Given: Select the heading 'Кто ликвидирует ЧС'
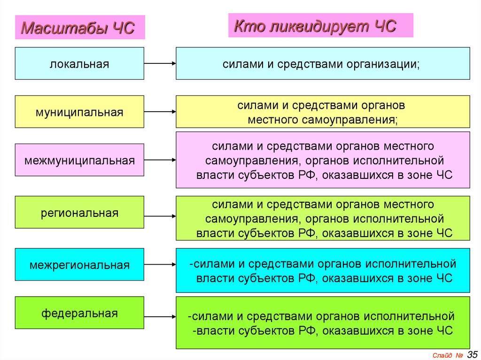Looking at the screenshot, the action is coord(315,26).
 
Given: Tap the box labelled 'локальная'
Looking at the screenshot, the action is coord(79,63).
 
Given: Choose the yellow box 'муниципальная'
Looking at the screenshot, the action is coord(79,112).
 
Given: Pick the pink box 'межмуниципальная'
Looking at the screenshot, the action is coord(79,161).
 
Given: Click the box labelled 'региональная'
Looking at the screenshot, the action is coord(79,213).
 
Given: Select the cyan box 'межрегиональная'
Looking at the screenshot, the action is coord(79,265).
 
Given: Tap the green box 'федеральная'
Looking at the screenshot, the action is coord(79,313).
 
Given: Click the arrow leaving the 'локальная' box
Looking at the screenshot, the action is coord(160,63).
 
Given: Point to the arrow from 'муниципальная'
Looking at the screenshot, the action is coord(160,112).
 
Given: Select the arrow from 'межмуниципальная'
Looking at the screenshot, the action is coord(160,160).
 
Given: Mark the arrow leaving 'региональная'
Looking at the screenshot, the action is coord(160,216).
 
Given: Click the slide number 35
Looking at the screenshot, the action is coord(472,353).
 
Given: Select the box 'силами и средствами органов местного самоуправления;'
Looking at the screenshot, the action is coord(323,112).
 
